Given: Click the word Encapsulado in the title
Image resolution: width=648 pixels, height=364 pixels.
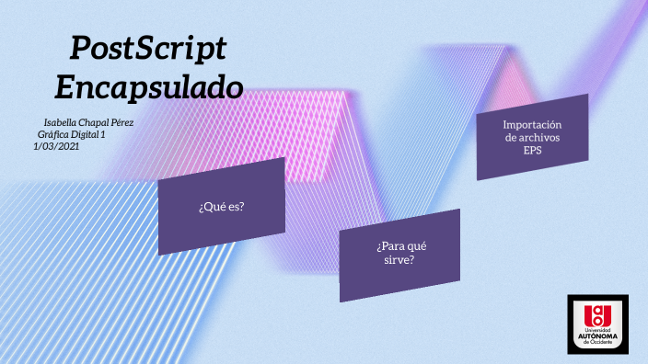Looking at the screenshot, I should (x=149, y=86).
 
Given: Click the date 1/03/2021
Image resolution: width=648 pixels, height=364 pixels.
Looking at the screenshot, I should (x=57, y=146).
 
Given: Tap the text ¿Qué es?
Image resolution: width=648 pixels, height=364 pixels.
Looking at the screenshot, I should (x=221, y=207).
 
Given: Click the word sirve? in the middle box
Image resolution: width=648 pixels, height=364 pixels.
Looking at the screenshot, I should (x=399, y=260).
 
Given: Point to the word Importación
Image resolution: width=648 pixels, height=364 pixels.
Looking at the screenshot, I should (x=532, y=124).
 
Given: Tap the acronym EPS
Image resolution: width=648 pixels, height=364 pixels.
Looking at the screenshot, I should (x=532, y=151).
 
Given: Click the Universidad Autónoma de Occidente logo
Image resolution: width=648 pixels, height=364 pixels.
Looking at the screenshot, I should (x=598, y=324).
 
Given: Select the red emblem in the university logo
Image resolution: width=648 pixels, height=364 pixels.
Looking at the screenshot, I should (x=598, y=313).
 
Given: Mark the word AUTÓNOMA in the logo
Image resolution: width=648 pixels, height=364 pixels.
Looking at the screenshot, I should (x=598, y=336).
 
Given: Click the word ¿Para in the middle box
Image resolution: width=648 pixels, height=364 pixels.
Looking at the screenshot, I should (x=388, y=246).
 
